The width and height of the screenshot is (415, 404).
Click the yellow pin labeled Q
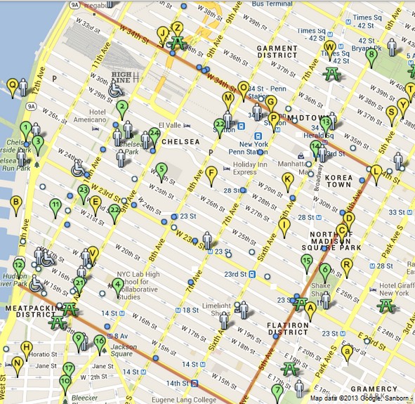pyautogui.click(x=13, y=86)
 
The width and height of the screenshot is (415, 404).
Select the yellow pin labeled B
pyautogui.click(x=15, y=204)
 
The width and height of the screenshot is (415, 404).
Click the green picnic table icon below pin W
pyautogui.click(x=331, y=73)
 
